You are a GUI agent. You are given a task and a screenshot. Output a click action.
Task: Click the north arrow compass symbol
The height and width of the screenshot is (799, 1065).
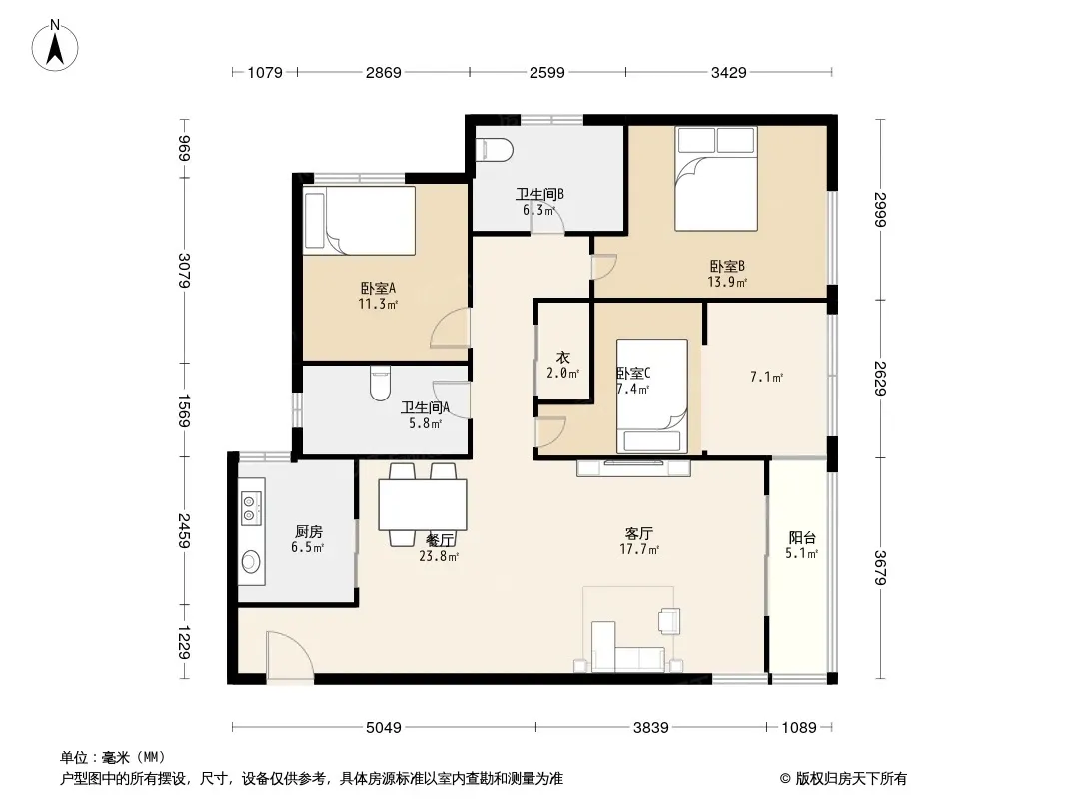pyautogui.click(x=55, y=46)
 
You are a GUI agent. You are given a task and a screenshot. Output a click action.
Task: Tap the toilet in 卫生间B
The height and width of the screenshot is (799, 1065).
pyautogui.click(x=494, y=150)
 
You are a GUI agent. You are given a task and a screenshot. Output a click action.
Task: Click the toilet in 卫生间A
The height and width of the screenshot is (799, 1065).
pyautogui.click(x=380, y=384)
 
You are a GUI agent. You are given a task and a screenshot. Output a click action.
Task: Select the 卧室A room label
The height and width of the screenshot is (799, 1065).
pyautogui.click(x=378, y=288)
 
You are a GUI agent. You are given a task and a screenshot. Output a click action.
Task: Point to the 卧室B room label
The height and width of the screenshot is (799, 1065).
pyautogui.click(x=727, y=266)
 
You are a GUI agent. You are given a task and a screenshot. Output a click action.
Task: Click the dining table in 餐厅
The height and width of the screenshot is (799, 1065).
pyautogui.click(x=423, y=504)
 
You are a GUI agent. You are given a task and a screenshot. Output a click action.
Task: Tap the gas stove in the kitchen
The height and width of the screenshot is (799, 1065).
pyautogui.click(x=251, y=509)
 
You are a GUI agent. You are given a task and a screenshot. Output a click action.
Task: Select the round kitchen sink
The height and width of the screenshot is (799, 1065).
pyautogui.click(x=251, y=562)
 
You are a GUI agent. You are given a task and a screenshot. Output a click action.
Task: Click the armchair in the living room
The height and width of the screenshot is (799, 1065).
pyautogui.click(x=669, y=620)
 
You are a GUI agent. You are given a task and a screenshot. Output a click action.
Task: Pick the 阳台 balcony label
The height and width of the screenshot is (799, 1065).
pyautogui.click(x=802, y=537)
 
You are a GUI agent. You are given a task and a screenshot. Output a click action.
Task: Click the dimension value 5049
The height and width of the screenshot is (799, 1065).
pyautogui.click(x=384, y=728)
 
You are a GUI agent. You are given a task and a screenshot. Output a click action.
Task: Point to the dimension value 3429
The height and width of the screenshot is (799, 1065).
pyautogui.click(x=728, y=72)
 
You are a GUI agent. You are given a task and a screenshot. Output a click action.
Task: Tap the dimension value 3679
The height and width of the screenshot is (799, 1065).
pyautogui.click(x=880, y=567)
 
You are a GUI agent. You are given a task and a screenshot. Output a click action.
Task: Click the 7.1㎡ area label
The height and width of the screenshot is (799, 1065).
pyautogui.click(x=767, y=377)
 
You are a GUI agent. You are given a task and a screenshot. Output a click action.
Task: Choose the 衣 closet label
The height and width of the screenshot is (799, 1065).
pyautogui.click(x=563, y=358)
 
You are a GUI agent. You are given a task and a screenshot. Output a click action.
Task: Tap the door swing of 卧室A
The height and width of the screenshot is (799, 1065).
pyautogui.click(x=450, y=328)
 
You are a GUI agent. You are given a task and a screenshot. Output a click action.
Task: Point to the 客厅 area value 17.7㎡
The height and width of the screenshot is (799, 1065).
pyautogui.click(x=639, y=550)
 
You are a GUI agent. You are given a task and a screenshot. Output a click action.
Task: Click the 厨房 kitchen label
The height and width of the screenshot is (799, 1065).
pyautogui.click(x=309, y=531)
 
